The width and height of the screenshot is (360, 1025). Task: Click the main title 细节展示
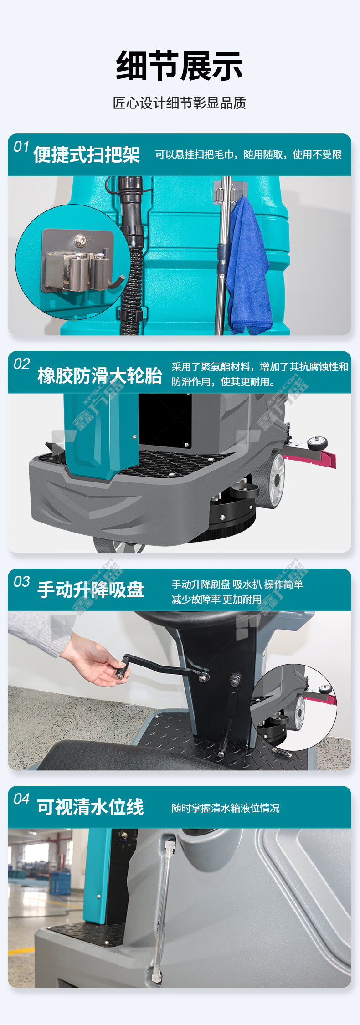coord(180,66)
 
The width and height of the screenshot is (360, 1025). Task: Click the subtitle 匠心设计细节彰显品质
coord(180,103)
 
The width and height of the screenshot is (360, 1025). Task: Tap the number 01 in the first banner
coord(21,147)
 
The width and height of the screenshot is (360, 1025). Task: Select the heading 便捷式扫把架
coord(87,155)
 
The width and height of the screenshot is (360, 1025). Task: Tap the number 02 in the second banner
coord(21,364)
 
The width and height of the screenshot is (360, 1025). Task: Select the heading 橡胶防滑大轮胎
coord(100,376)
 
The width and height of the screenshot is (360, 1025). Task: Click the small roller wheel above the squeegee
coord(317,443)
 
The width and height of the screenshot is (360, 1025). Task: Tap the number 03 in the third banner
coord(21,582)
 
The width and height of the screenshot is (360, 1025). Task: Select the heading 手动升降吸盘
coord(91,590)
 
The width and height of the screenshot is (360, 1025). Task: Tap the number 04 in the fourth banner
coord(21,799)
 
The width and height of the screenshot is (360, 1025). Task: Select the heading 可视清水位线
coord(91,807)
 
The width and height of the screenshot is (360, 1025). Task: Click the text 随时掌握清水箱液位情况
coord(226,808)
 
